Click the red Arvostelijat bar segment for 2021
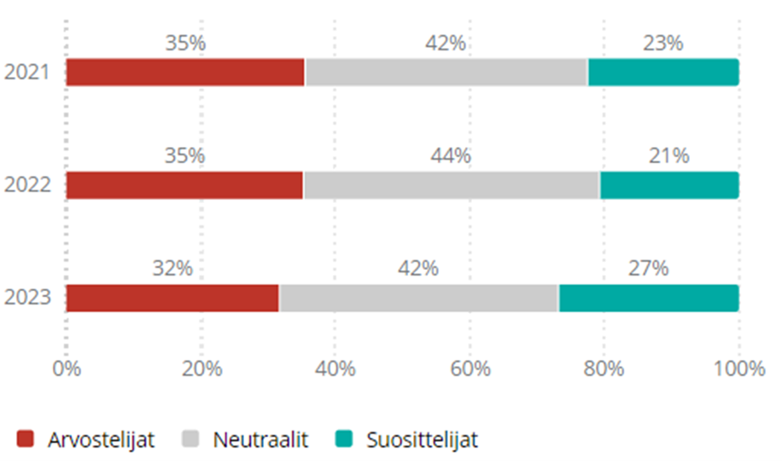185,73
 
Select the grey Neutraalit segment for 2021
446,73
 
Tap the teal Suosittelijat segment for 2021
663,73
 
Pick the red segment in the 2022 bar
184,185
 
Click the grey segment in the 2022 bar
452,185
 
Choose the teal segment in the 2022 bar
669,185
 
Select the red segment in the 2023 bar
173,298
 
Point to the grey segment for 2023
419,298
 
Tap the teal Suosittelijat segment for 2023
649,298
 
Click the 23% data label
663,43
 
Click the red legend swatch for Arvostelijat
26,440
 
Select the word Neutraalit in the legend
260,440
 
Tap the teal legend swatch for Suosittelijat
344,440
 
